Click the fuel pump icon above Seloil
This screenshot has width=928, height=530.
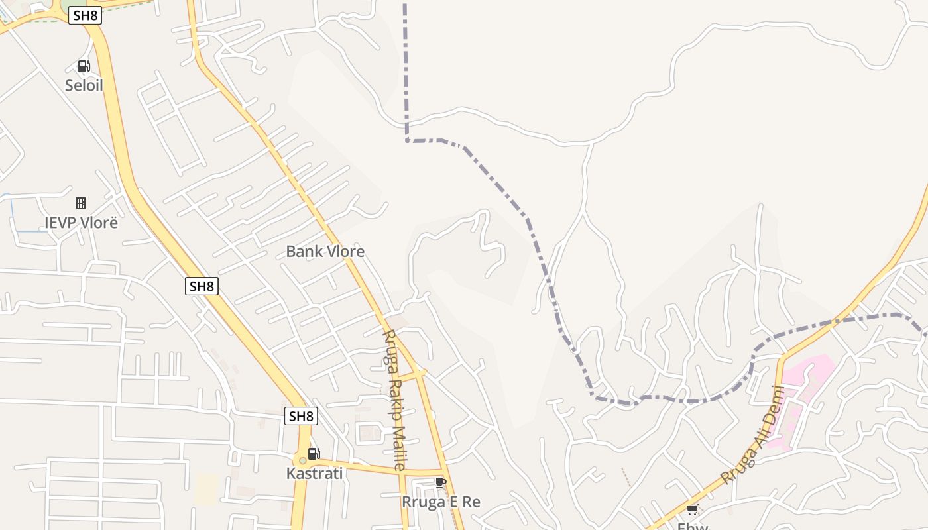[x=84, y=66]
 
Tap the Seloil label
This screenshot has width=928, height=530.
[x=84, y=85]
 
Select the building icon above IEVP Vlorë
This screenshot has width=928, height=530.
[x=81, y=203]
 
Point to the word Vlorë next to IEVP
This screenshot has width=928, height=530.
[x=99, y=222]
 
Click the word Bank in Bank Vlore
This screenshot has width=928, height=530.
[x=302, y=252]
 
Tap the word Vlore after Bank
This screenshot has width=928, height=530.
[x=343, y=252]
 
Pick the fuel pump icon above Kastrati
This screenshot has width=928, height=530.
[x=314, y=454]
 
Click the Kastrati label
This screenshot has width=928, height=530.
[x=314, y=474]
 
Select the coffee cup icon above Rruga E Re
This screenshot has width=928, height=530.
[x=441, y=482]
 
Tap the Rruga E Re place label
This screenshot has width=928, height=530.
[x=441, y=502]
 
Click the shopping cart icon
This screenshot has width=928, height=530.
[x=693, y=509]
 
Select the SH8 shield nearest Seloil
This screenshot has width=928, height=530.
[x=85, y=16]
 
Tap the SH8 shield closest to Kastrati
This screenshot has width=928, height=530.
[x=301, y=416]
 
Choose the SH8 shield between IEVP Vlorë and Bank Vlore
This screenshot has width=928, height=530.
[x=202, y=286]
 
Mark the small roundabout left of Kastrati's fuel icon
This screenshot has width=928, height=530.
[x=302, y=460]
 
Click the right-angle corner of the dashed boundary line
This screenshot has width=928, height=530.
[x=407, y=140]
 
